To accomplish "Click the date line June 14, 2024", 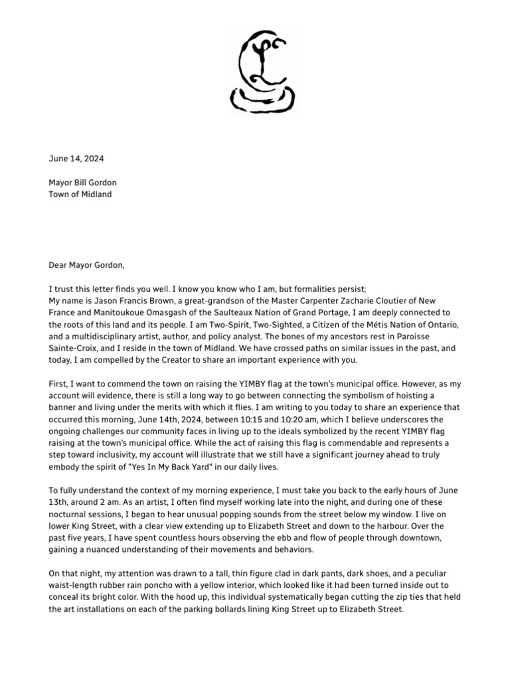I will pos(76,159).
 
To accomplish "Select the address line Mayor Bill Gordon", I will pos(83,183).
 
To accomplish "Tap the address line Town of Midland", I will pos(80,195).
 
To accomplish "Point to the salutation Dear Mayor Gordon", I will pos(86,265).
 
